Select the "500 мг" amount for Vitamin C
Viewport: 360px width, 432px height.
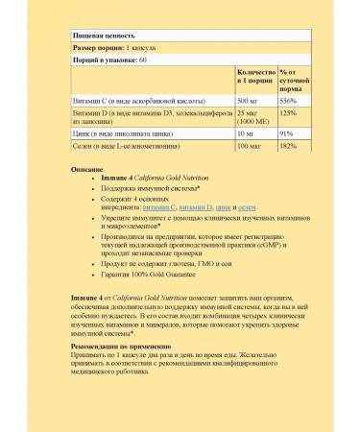coord(247,99)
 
